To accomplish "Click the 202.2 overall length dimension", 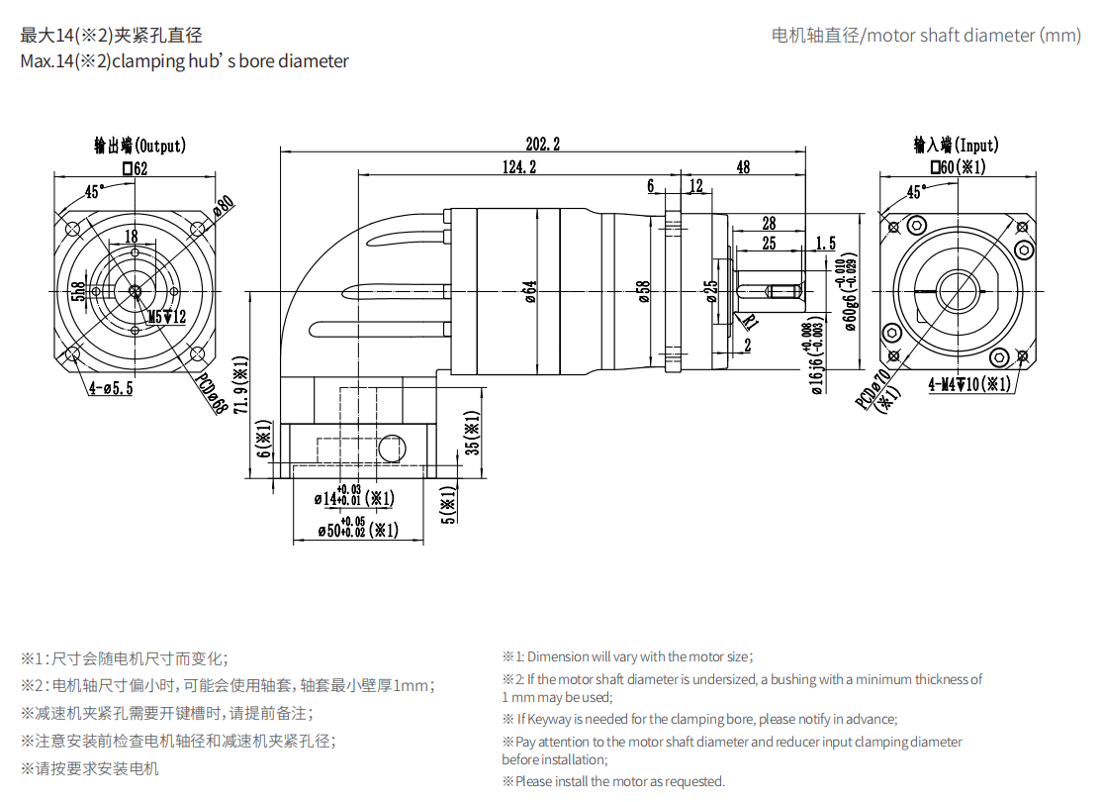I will (542, 145).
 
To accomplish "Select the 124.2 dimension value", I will (518, 167).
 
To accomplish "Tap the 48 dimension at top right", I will (743, 167).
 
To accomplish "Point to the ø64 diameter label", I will (530, 291).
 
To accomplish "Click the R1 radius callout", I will (750, 321).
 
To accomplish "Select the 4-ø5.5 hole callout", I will (110, 388).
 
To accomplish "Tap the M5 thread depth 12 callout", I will (166, 317).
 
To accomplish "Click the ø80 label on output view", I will (224, 205).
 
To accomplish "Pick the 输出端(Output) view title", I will (139, 147).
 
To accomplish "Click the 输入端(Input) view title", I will (956, 146).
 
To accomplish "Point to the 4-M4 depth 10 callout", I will (968, 384).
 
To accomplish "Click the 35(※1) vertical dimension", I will (473, 433).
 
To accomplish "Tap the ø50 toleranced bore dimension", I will (357, 530).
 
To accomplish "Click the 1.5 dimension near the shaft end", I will (825, 243).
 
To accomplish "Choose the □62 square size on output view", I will (135, 169).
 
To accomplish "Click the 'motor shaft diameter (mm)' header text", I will (926, 36).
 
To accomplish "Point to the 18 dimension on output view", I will (131, 236).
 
